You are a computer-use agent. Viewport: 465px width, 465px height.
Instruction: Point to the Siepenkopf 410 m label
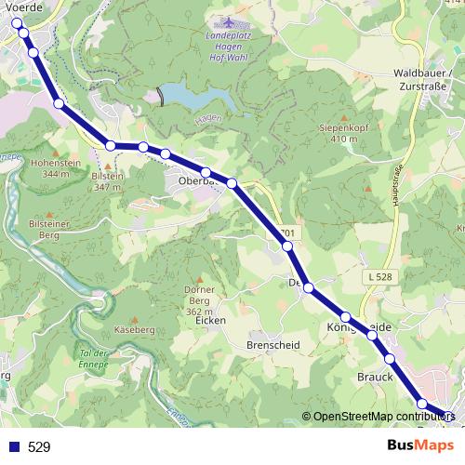click(x=338, y=132)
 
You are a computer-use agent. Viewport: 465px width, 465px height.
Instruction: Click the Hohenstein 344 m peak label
click(x=50, y=166)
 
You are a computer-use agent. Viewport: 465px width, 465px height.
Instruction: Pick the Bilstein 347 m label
click(x=108, y=180)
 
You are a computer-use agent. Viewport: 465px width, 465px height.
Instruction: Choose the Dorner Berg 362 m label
click(x=200, y=300)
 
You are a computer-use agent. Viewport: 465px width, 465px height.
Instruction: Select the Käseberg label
click(x=134, y=330)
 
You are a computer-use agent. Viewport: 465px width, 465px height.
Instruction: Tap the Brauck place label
click(x=372, y=377)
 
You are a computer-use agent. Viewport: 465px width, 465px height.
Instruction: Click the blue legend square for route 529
click(x=13, y=446)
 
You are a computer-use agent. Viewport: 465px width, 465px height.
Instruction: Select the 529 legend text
click(x=39, y=446)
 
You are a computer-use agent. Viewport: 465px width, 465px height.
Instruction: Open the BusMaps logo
click(x=419, y=445)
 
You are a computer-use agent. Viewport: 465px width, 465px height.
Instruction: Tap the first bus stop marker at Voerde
click(x=16, y=22)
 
